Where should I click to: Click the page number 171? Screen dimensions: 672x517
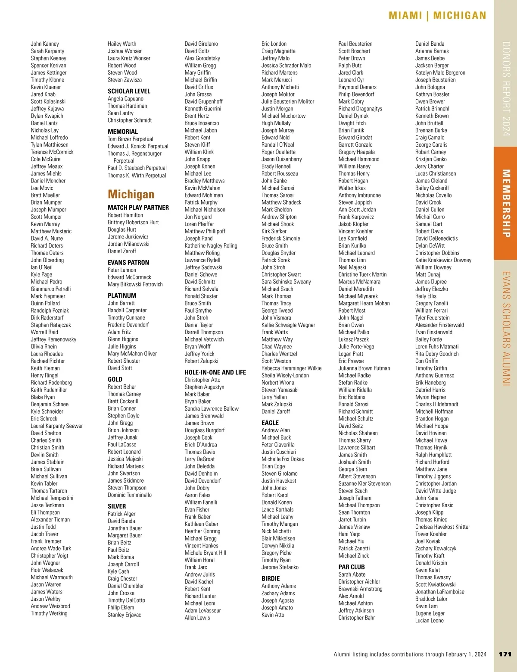coord(505,654)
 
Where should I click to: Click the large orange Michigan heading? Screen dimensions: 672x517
coord(131,194)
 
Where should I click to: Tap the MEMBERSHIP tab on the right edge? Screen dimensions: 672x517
coord(506,203)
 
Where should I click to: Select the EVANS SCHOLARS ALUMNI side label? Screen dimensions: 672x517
coord(506,328)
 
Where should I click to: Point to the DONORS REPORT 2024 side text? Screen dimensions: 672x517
coord(506,88)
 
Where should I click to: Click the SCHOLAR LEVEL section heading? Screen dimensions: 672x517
coord(129,91)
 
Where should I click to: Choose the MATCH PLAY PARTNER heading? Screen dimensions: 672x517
coord(138,207)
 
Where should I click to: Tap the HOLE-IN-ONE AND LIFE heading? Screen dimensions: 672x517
coord(215,372)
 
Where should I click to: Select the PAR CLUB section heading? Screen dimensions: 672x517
coord(352,567)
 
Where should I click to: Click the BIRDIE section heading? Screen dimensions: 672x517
coord(271,578)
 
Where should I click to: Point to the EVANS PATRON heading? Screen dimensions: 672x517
coord(128,262)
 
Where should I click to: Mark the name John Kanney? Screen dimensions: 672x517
coord(45,44)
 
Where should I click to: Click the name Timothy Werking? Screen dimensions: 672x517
coord(49,613)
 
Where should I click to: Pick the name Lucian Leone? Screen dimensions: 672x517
coord(429,620)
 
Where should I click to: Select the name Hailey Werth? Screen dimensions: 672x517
coord(122,44)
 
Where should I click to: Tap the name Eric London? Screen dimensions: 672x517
coord(274,44)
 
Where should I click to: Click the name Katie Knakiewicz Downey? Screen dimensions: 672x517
coord(443,260)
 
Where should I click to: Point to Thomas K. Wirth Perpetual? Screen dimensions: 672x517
coord(137,175)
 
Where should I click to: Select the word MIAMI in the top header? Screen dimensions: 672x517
coord(405,16)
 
